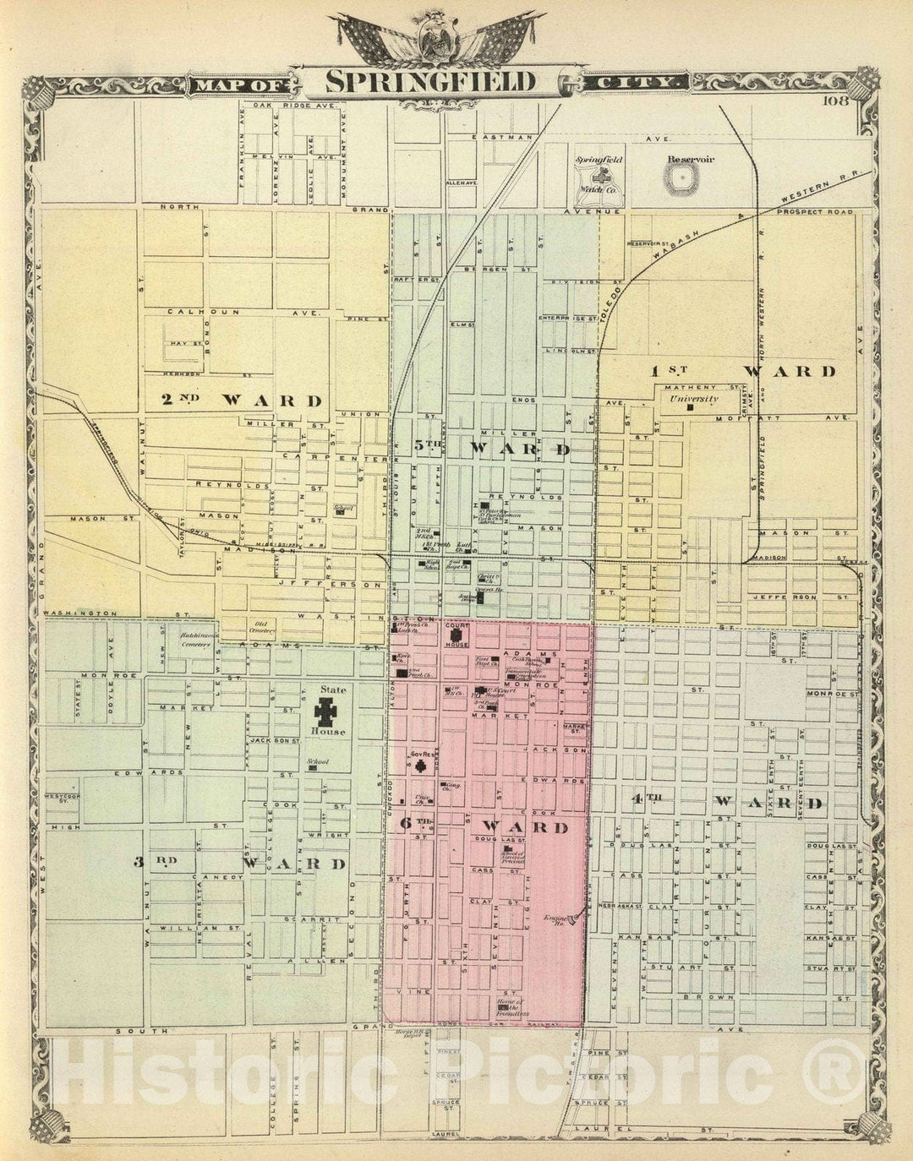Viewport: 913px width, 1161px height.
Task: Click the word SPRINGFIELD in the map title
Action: pyautogui.click(x=431, y=82)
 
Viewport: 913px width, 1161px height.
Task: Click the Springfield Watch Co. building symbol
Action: pyautogui.click(x=599, y=178)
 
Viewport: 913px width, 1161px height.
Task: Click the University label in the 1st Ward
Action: pyautogui.click(x=693, y=399)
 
